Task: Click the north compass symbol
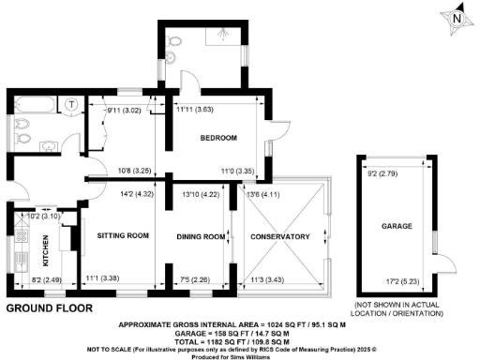(x=456, y=18)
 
